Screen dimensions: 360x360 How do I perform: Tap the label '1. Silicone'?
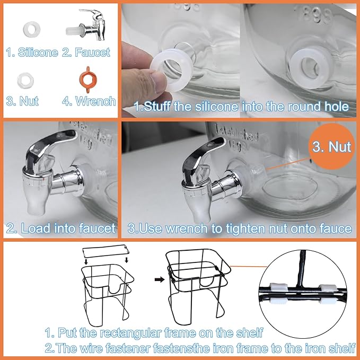pos(31,52)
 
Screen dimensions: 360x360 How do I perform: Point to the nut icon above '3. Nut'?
pos(25,80)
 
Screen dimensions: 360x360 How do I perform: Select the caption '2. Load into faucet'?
pos(60,229)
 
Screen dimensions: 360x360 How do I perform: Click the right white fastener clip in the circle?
pos(327,288)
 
